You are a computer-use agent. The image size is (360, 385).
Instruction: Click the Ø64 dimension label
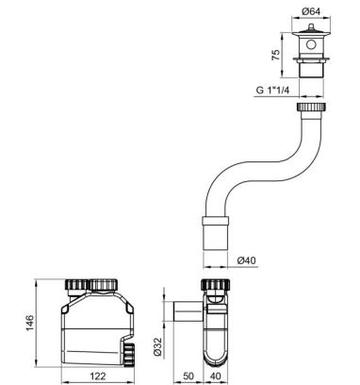click(311, 11)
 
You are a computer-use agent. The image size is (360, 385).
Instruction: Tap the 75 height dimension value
click(275, 55)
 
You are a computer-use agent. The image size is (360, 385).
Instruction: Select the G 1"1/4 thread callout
click(273, 90)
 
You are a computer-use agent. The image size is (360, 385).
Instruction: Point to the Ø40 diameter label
click(246, 260)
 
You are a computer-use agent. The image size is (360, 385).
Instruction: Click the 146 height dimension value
click(29, 323)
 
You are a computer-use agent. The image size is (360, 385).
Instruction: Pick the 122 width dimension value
click(98, 376)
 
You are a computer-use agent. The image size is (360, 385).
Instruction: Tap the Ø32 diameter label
click(158, 346)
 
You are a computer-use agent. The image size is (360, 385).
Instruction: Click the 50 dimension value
click(188, 376)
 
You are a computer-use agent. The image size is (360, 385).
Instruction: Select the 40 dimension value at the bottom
click(215, 376)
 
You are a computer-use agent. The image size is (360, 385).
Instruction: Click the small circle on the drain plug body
click(311, 44)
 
